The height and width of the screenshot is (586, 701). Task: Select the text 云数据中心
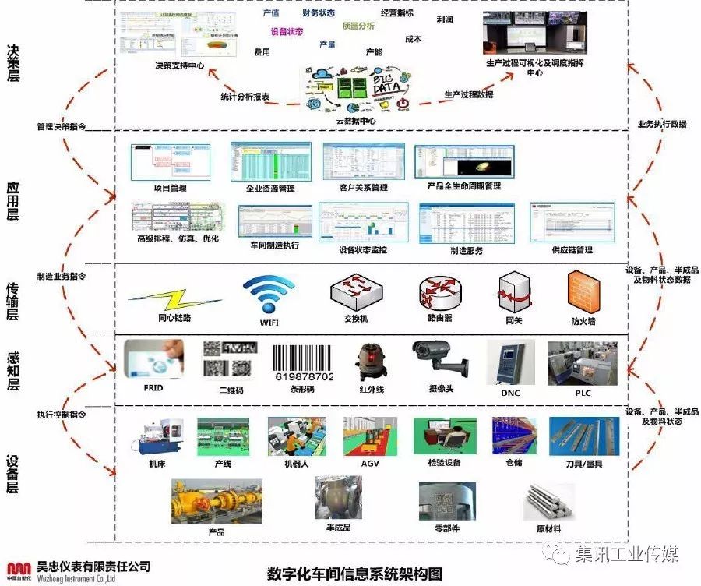[x=355, y=121]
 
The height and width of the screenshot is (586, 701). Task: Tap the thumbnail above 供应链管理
[x=572, y=222]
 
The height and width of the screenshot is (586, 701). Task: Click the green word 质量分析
[x=358, y=26]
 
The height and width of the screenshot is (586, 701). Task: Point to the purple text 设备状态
[x=287, y=32]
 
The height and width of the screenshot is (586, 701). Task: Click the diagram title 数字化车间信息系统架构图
[x=354, y=573]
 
